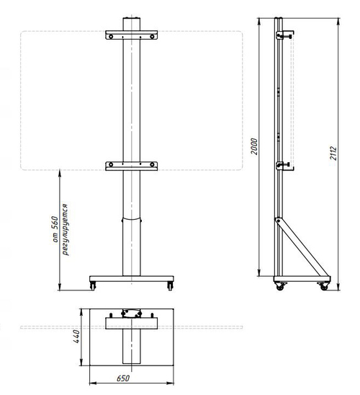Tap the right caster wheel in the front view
tap(170, 287)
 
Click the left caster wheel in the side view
tap(279, 288)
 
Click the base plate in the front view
tap(131, 279)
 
